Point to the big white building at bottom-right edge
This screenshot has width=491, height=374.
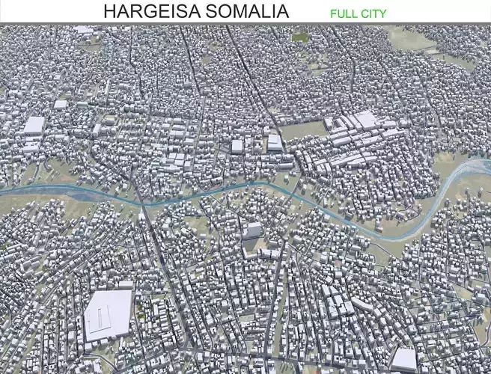403,359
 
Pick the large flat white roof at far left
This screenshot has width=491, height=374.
34,125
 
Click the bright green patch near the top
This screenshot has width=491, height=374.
300,36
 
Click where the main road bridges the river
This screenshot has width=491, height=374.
141,203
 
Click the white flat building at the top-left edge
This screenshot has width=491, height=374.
84,30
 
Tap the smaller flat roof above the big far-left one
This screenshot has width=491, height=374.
61,105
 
